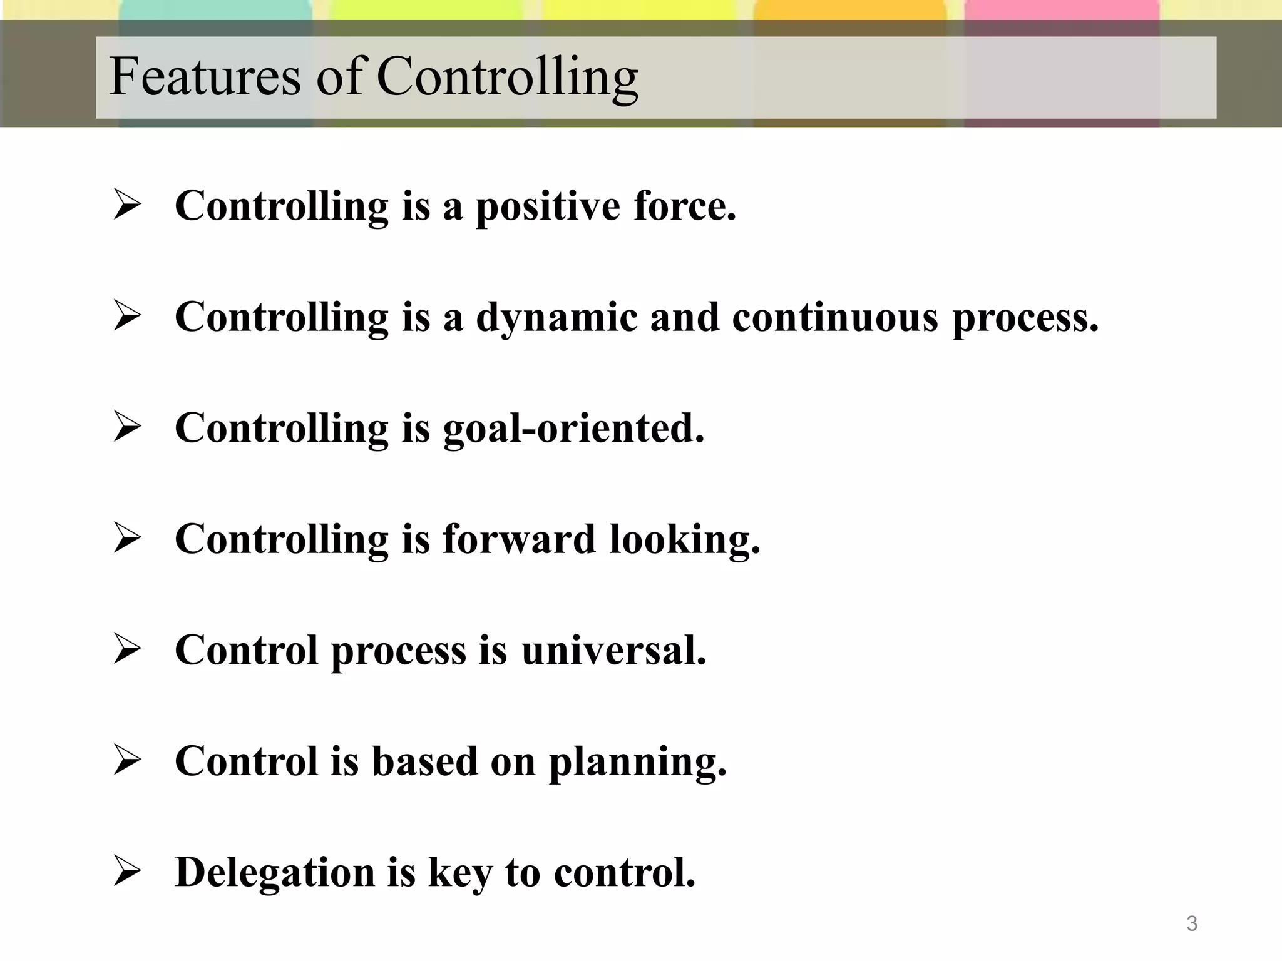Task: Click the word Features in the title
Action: (x=205, y=76)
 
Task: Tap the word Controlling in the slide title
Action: (x=507, y=78)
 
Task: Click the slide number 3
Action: (x=1192, y=923)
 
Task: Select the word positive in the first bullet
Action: (x=548, y=207)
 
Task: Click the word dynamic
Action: (x=556, y=318)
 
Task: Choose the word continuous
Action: (x=835, y=317)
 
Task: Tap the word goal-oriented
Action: (x=573, y=429)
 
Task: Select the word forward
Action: (x=519, y=539)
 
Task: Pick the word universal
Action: (x=613, y=650)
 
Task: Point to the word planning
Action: (x=638, y=763)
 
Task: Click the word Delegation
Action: (x=275, y=873)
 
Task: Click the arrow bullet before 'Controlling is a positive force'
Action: (x=127, y=206)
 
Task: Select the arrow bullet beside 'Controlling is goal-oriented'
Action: (x=127, y=428)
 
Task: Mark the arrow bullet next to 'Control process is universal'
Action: (x=127, y=649)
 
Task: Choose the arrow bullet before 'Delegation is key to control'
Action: (x=127, y=872)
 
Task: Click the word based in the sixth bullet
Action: (x=424, y=761)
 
